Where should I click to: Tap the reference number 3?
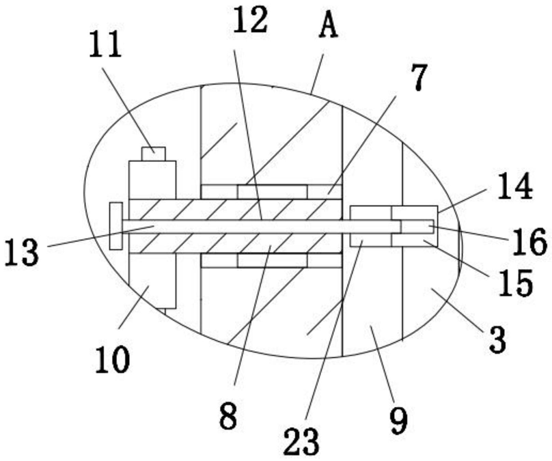[x=498, y=339]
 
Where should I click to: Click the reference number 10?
[x=112, y=359]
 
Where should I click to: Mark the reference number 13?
[x=22, y=252]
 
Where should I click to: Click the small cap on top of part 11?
[x=153, y=153]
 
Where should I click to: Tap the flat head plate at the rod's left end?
[x=115, y=226]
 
